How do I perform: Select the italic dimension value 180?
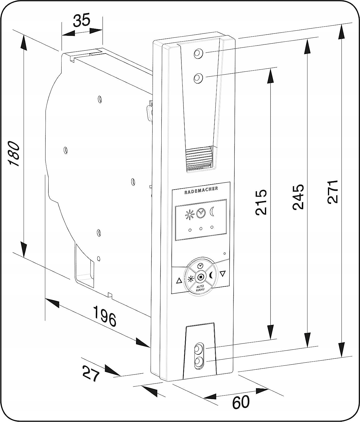(14, 154)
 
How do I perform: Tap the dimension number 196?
(104, 316)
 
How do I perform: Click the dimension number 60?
(241, 402)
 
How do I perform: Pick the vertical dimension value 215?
(261, 202)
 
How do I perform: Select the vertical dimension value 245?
(298, 197)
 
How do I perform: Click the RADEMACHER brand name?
(201, 190)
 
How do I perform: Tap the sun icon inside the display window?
(190, 215)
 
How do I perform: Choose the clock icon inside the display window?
(201, 213)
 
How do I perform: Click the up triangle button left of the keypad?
(179, 281)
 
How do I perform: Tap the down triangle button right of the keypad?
(223, 273)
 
